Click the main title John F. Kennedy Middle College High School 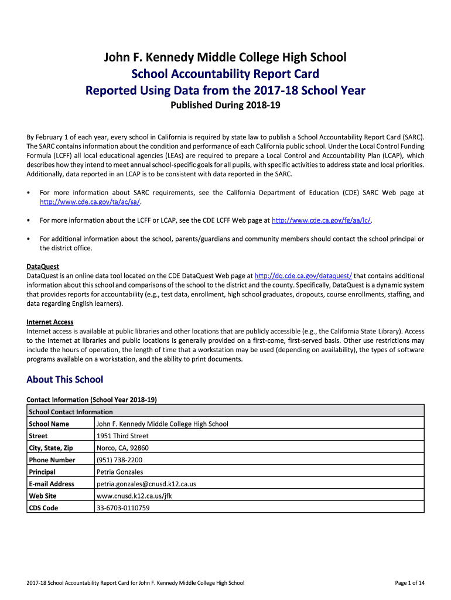click(225, 57)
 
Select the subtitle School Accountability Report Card click(225, 74)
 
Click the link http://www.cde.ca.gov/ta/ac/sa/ click(90, 202)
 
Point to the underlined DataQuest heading click(43, 267)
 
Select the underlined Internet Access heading click(50, 322)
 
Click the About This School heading click(64, 380)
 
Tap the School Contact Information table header click(70, 411)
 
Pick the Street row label click(38, 436)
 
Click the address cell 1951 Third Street click(122, 436)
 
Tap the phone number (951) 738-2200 click(119, 460)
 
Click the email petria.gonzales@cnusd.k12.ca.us click(146, 484)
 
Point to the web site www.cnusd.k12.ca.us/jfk click(134, 496)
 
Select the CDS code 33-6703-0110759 click(123, 508)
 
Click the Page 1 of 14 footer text click(410, 583)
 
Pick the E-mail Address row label click(52, 484)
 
